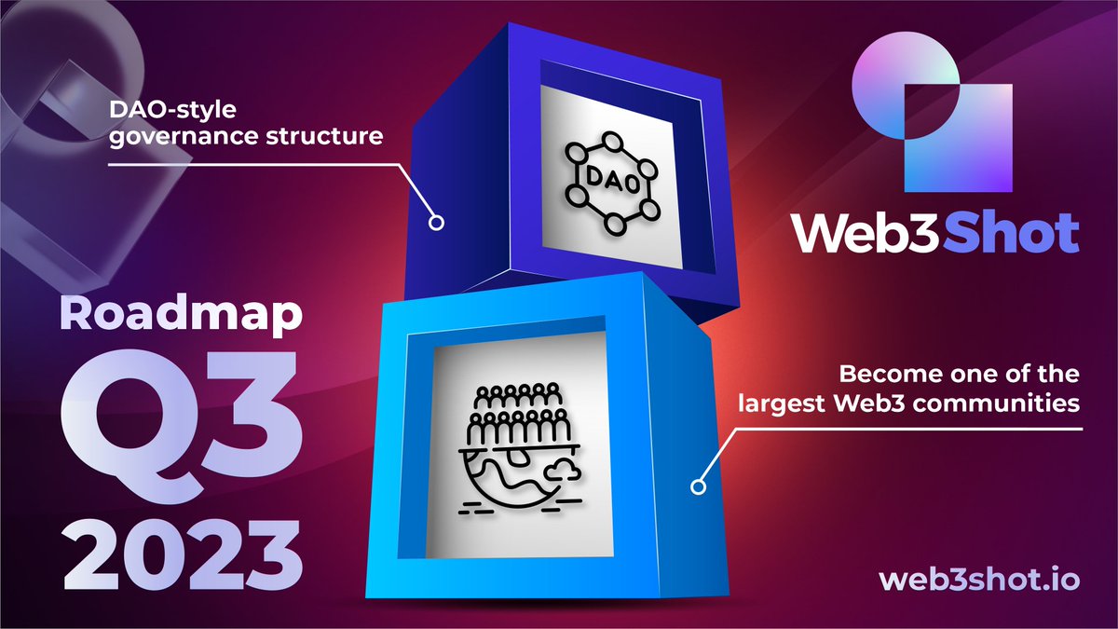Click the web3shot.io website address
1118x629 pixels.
click(x=979, y=579)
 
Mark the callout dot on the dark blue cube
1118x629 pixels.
click(x=435, y=223)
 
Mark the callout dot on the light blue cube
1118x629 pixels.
click(x=697, y=485)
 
